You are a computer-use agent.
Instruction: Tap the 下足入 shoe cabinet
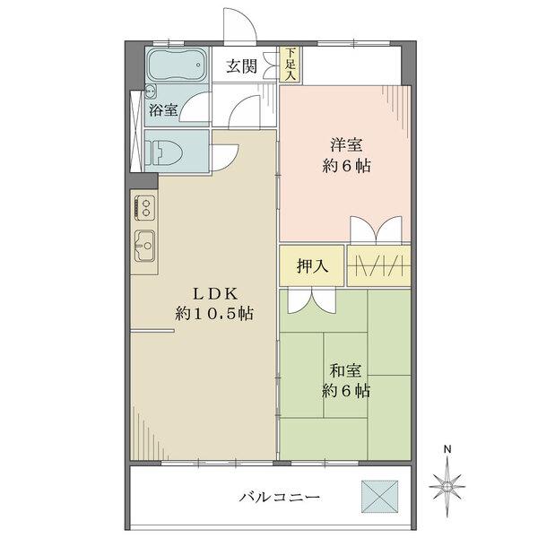click(x=290, y=65)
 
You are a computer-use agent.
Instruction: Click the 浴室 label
click(x=163, y=109)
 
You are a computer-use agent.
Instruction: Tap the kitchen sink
click(x=143, y=243)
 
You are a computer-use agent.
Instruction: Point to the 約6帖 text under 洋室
click(x=346, y=166)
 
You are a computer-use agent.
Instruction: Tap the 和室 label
click(x=346, y=369)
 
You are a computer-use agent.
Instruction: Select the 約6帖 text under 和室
click(x=346, y=391)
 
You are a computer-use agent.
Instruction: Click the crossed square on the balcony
click(x=380, y=496)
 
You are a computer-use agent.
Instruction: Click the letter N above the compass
click(x=450, y=452)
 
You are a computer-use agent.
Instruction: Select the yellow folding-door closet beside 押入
click(x=379, y=266)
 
